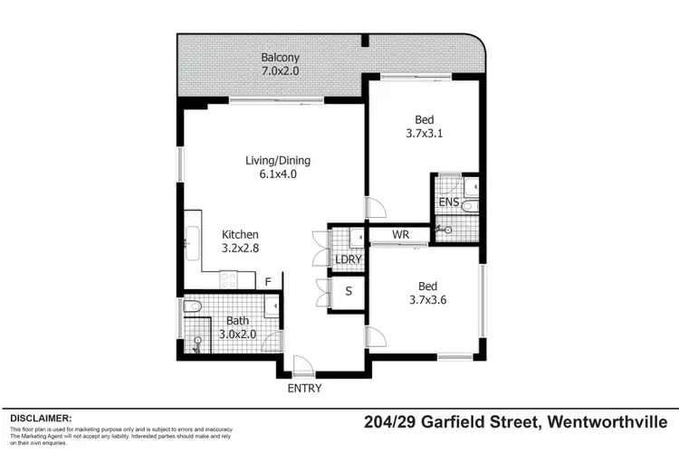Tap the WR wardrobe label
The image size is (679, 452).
(x=401, y=235)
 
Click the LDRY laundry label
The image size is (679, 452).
(x=348, y=259)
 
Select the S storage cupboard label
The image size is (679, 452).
(x=349, y=292)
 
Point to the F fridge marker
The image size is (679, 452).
(x=268, y=282)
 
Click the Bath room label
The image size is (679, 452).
(x=237, y=320)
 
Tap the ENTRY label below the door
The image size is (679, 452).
(x=304, y=389)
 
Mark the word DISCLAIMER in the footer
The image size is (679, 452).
(x=41, y=419)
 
